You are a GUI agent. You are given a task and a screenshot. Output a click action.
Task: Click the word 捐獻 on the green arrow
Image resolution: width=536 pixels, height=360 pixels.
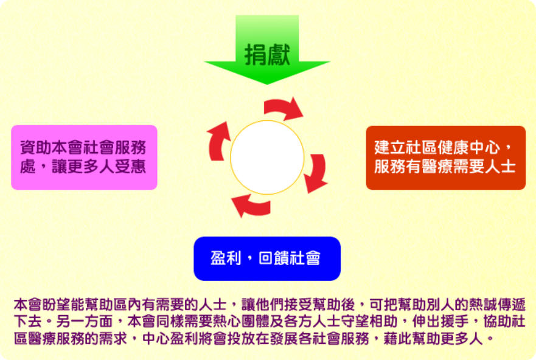pyautogui.click(x=267, y=55)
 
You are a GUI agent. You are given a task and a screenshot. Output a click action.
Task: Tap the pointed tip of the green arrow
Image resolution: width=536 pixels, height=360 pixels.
pyautogui.click(x=267, y=84)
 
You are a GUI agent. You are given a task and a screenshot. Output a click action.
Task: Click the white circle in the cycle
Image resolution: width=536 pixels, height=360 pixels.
pyautogui.click(x=267, y=157)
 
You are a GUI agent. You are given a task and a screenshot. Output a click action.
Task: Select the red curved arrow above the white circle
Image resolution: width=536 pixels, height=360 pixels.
pyautogui.click(x=282, y=107)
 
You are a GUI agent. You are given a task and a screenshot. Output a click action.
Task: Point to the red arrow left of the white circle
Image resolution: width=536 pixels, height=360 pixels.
pyautogui.click(x=216, y=142)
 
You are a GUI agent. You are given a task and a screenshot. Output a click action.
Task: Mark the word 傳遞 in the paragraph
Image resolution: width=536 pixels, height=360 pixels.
pyautogui.click(x=511, y=304)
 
